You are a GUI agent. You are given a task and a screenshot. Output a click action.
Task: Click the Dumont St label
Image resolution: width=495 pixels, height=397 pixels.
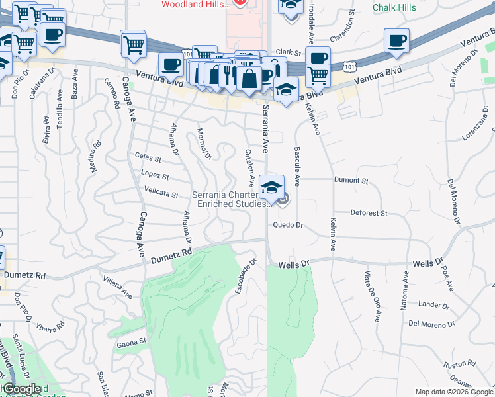[351, 180]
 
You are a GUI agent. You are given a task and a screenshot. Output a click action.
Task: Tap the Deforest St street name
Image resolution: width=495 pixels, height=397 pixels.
[369, 213]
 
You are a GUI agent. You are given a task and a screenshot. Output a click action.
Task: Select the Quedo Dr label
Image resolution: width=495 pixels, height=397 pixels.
[289, 225]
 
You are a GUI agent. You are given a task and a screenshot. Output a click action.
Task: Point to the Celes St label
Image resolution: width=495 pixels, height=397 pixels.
[148, 159]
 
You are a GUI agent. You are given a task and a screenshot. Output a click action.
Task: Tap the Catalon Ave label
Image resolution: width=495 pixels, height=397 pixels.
[250, 167]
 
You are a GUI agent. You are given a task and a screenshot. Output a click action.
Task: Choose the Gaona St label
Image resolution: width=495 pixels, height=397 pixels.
[132, 342]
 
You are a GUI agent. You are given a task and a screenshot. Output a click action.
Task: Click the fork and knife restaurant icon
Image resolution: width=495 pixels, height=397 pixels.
[228, 73]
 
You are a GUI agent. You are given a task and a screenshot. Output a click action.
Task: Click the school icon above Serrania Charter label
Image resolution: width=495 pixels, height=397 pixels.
[271, 187]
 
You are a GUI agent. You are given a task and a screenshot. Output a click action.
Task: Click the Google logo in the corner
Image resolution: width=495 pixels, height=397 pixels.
[23, 389]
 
